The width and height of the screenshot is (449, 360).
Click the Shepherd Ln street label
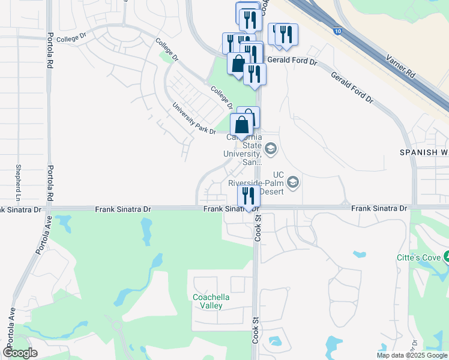(19, 183)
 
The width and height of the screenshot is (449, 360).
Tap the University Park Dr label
(194, 118)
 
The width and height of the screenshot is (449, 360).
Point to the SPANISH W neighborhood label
(424, 153)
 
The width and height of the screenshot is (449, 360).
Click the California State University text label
(244, 150)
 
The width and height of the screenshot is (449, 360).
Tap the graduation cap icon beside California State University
(271, 148)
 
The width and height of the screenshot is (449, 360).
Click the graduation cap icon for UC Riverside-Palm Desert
(294, 181)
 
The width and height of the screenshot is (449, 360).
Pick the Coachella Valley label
(208, 301)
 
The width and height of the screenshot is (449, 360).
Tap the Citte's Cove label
(420, 257)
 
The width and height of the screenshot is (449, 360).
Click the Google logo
(20, 353)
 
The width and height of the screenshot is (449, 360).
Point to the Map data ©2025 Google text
(412, 355)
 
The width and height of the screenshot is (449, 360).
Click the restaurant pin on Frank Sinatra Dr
(248, 196)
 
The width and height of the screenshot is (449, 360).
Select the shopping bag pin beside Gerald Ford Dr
(238, 64)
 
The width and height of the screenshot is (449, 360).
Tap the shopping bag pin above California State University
(241, 125)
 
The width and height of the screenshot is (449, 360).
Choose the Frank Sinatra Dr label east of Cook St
(379, 208)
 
